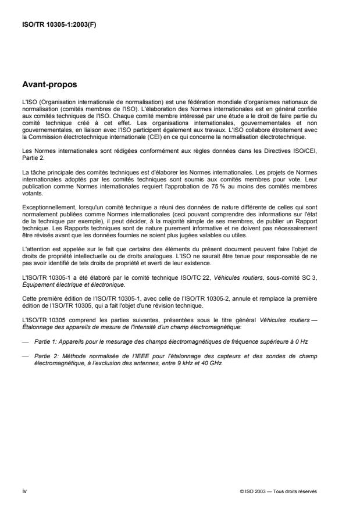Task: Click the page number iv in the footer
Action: (x=24, y=491)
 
